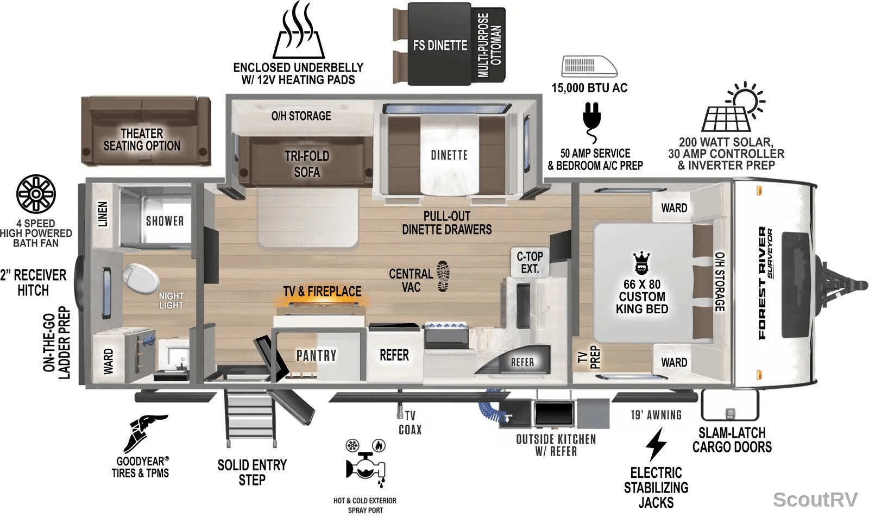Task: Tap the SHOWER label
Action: click(x=165, y=221)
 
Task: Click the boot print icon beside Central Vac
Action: click(x=443, y=276)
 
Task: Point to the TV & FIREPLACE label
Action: click(x=322, y=291)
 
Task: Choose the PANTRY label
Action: click(x=317, y=356)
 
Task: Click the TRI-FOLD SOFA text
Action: click(x=307, y=164)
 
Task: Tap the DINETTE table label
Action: click(x=449, y=155)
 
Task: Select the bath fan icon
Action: click(x=36, y=193)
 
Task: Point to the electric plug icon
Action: click(x=591, y=122)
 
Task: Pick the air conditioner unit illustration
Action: click(x=589, y=66)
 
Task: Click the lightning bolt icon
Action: click(x=656, y=444)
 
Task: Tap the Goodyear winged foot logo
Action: click(x=144, y=433)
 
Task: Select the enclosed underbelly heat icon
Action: click(x=298, y=30)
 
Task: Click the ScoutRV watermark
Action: click(x=815, y=500)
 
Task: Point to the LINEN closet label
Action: click(x=102, y=214)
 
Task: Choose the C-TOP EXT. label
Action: click(x=530, y=262)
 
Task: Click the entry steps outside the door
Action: click(x=250, y=419)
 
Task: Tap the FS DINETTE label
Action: click(x=440, y=46)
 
